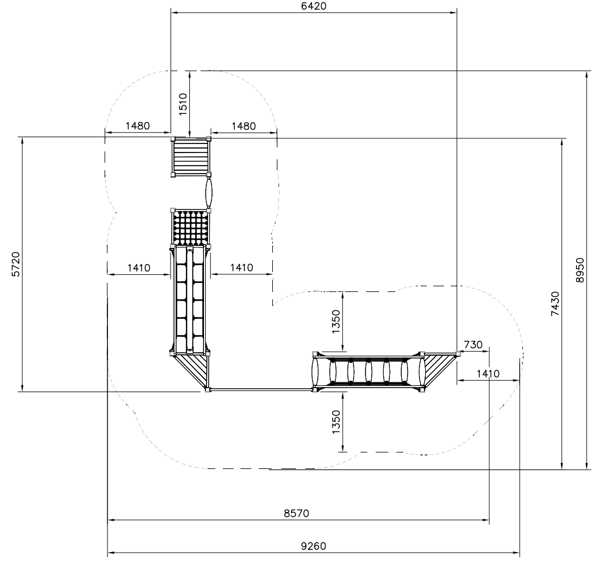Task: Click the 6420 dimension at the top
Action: [x=313, y=6]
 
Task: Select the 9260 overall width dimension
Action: [x=313, y=546]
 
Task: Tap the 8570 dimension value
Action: [x=296, y=513]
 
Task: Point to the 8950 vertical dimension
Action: [x=580, y=270]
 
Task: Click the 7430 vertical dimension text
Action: [x=556, y=303]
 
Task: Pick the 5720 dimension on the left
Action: [x=16, y=264]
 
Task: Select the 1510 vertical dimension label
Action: [x=183, y=104]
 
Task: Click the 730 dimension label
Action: [x=474, y=345]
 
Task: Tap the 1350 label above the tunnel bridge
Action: [x=336, y=322]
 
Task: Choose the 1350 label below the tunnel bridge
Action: [x=336, y=422]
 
